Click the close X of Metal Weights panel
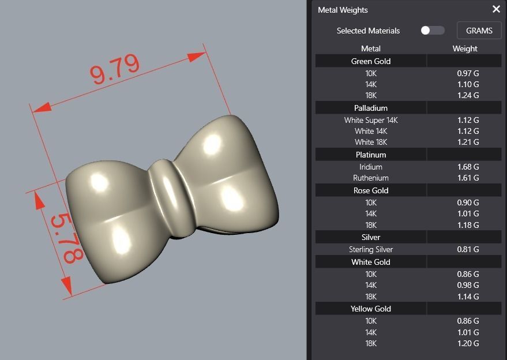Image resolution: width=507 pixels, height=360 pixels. (x=496, y=9)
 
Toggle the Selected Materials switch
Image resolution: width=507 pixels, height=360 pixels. (x=433, y=31)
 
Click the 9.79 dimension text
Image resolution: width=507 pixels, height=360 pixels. (x=114, y=68)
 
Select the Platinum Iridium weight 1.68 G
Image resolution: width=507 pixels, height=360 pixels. (x=465, y=167)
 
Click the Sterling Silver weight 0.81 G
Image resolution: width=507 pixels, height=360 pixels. (x=465, y=249)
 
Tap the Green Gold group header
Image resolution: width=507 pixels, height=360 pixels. (x=371, y=61)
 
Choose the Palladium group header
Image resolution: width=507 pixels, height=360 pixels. (x=371, y=108)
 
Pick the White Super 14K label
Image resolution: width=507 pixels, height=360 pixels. (x=371, y=120)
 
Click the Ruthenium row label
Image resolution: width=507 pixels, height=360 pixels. (x=371, y=178)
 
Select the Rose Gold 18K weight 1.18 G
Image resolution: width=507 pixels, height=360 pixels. (x=465, y=225)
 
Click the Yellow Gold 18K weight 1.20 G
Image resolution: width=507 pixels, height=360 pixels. (x=465, y=343)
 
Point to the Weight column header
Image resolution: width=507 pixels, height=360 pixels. (x=465, y=48)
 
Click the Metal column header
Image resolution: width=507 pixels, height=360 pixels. (x=371, y=48)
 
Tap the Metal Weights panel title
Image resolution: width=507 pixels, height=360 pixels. (x=343, y=10)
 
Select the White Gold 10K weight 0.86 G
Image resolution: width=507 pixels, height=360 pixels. (x=465, y=274)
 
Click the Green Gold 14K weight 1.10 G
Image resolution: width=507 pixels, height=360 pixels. (x=465, y=84)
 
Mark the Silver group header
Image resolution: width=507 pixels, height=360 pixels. (x=371, y=237)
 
